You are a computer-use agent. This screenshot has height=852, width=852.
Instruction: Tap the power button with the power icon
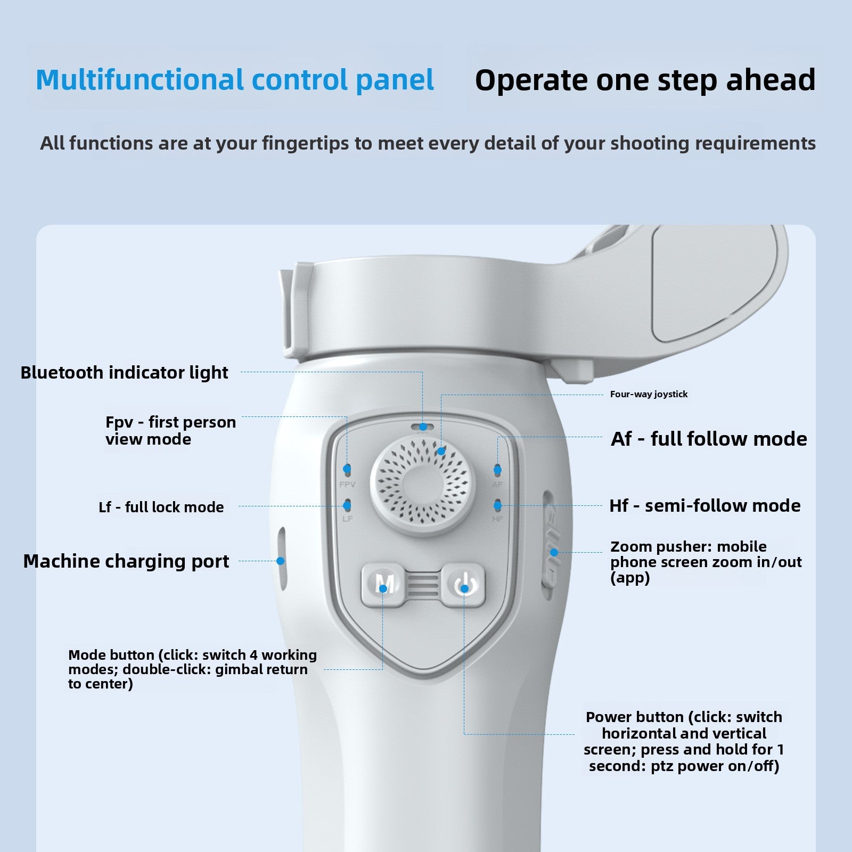click(x=464, y=585)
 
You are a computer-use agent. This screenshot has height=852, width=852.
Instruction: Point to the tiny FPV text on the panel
click(x=347, y=485)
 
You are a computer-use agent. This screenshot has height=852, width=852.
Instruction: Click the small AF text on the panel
click(x=497, y=485)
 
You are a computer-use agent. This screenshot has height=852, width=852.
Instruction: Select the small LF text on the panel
click(x=347, y=519)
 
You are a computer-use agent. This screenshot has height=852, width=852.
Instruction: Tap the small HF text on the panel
click(x=497, y=519)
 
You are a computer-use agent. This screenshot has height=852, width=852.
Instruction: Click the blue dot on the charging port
click(x=281, y=561)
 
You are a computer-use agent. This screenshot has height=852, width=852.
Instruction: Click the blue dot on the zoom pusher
click(x=554, y=553)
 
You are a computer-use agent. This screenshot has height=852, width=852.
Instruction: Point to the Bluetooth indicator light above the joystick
click(x=423, y=427)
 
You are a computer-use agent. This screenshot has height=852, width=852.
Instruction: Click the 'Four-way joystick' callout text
click(x=649, y=394)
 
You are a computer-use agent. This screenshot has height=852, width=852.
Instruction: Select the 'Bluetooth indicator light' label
click(x=124, y=372)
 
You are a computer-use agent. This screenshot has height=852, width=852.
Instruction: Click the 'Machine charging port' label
click(x=126, y=561)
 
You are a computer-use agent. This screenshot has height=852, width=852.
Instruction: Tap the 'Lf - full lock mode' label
click(x=161, y=507)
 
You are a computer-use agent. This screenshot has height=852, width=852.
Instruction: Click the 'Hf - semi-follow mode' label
click(x=704, y=505)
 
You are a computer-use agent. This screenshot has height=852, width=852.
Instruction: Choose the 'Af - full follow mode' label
click(x=709, y=439)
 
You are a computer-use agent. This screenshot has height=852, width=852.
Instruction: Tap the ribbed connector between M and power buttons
click(x=424, y=585)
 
